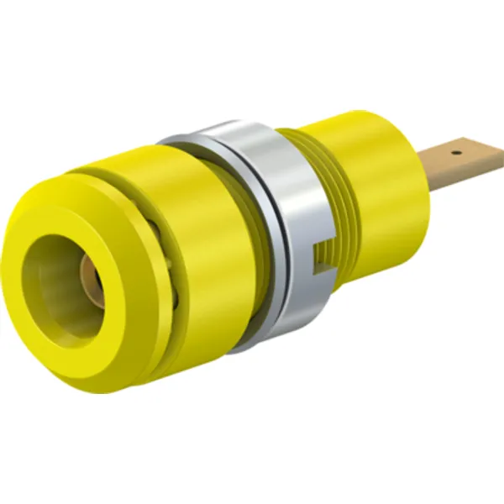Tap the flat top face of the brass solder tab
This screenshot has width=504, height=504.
[x=466, y=156]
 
